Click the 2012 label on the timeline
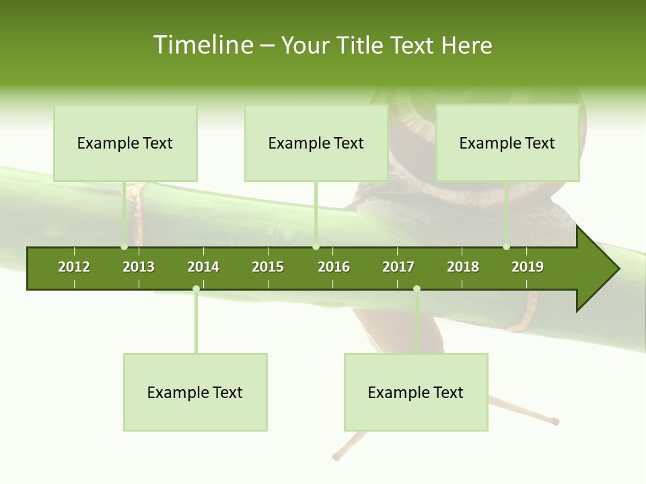[x=74, y=267]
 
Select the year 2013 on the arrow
[x=139, y=267]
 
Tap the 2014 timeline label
[x=203, y=267]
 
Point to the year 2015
[x=268, y=267]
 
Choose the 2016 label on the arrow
[x=334, y=267]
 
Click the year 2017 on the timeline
[x=398, y=267]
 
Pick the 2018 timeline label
[x=463, y=267]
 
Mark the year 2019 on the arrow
[x=528, y=267]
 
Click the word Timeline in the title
[x=202, y=45]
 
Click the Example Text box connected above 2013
[x=125, y=143]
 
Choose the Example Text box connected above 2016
[x=316, y=143]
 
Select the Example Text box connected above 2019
[x=507, y=143]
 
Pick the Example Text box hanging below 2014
[x=195, y=392]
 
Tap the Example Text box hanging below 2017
[x=416, y=392]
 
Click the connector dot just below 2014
[x=196, y=288]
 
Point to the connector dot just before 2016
[x=316, y=247]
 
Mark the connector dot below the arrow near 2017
[x=417, y=288]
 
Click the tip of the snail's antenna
[x=555, y=422]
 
